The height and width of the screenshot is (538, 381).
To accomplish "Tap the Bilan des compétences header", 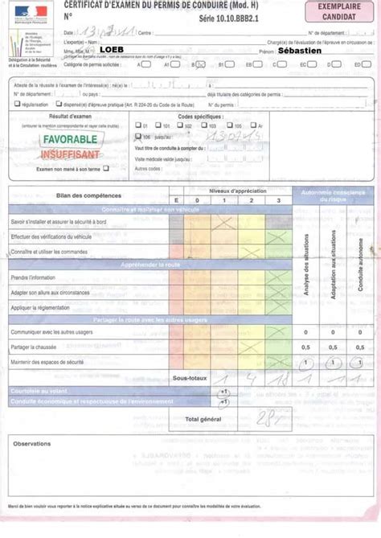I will click(x=68, y=196).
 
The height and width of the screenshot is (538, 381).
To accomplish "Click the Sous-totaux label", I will click(x=190, y=377).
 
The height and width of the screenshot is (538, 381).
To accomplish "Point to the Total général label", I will click(x=203, y=418).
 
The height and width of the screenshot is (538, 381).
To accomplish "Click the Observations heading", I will click(x=32, y=443).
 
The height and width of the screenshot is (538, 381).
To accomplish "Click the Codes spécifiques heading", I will click(x=198, y=117).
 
